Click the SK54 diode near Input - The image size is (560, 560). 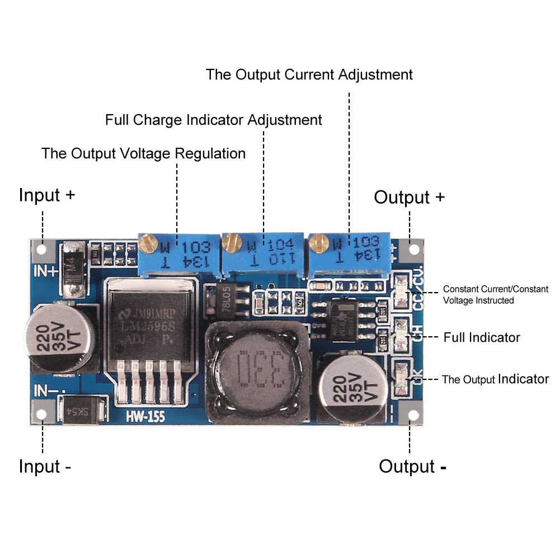pyautogui.click(x=82, y=411)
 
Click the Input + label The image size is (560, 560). pyautogui.click(x=46, y=195)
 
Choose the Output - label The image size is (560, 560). pyautogui.click(x=412, y=466)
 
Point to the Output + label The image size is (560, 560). pyautogui.click(x=410, y=197)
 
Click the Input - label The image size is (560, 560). pyautogui.click(x=45, y=466)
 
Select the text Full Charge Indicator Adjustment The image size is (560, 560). pyautogui.click(x=214, y=120)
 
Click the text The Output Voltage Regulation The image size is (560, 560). pyautogui.click(x=143, y=153)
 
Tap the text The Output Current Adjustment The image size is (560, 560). pyautogui.click(x=309, y=74)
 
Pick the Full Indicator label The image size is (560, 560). pyautogui.click(x=482, y=337)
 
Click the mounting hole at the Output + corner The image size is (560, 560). pyautogui.click(x=414, y=249)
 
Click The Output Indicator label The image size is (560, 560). pyautogui.click(x=495, y=379)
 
